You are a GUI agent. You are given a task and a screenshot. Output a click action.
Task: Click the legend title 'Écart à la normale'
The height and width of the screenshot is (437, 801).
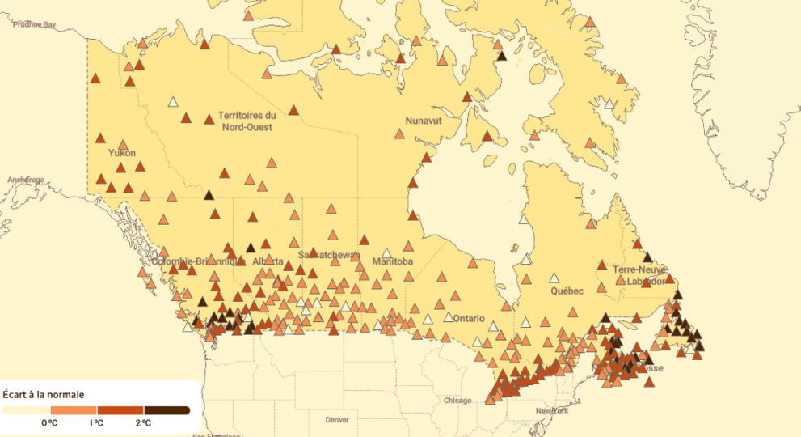pos(44,395)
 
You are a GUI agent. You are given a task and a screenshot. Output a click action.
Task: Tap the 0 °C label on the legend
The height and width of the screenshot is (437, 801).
pos(49,423)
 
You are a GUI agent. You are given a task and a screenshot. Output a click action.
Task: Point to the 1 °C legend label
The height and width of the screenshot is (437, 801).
pos(96,423)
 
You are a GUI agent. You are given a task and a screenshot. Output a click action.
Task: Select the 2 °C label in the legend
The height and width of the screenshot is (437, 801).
pos(143,423)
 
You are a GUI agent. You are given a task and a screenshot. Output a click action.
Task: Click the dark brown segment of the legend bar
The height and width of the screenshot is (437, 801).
pos(167,410)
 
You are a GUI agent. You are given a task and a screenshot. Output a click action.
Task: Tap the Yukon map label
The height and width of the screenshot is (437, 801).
pos(122,153)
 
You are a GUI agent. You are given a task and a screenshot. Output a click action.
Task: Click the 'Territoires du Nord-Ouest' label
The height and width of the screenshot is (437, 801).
pos(247,121)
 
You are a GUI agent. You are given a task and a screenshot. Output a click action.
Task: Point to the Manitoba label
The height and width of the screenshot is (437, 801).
pos(393,262)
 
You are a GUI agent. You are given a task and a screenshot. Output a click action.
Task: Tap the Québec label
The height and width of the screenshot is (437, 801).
pos(567,291)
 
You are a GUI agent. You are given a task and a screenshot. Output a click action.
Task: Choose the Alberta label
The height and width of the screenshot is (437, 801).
pos(268,262)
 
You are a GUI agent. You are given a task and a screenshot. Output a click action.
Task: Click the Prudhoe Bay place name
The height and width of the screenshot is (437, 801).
pos(34,25)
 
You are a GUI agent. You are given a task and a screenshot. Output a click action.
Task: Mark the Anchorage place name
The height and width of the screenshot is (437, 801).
pos(26,180)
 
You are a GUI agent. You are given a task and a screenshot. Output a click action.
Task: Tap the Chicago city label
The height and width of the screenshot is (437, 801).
pos(457,401)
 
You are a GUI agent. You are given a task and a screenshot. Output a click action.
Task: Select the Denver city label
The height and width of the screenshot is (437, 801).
pos(337,420)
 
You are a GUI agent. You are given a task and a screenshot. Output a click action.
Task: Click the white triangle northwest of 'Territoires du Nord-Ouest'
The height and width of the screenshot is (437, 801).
pos(172,102)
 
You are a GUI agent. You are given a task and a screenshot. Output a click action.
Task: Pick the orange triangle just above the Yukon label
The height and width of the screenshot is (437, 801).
pos(124,145)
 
